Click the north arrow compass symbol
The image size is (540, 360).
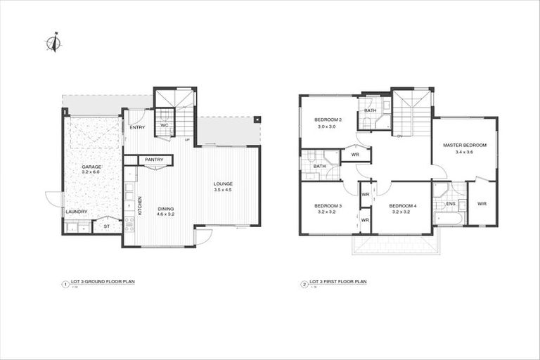[53, 43]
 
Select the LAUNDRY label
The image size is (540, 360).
[76, 212]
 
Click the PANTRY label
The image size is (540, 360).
[154, 160]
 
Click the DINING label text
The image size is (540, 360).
[165, 209]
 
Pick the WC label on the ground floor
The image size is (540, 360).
[164, 125]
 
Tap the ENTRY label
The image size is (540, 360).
[137, 128]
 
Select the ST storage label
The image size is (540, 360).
[107, 226]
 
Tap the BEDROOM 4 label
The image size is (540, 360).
[403, 205]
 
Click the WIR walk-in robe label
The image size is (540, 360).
[482, 204]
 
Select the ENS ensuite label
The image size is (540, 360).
[450, 204]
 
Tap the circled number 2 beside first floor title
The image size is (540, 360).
[304, 285]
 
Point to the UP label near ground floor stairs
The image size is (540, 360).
[187, 140]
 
